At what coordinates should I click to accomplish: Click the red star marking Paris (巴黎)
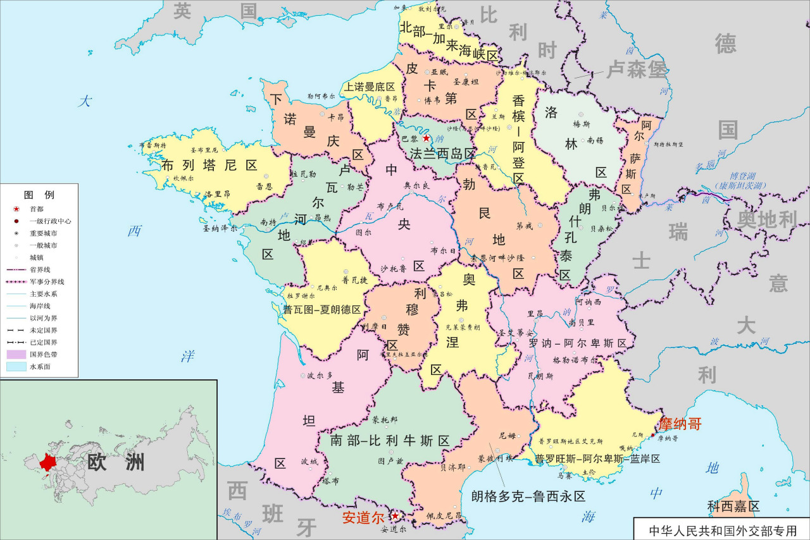click(427, 138)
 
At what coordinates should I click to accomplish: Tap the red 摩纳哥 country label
click(680, 424)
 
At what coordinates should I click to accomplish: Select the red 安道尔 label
click(363, 517)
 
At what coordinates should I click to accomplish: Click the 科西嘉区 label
click(733, 506)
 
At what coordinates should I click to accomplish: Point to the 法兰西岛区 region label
click(442, 154)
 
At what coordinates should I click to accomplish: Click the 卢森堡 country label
click(637, 69)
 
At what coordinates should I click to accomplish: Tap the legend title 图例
click(39, 194)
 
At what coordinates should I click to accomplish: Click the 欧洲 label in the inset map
click(116, 462)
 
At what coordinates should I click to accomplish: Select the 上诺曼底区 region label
click(370, 87)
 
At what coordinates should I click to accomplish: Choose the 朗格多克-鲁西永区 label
click(528, 496)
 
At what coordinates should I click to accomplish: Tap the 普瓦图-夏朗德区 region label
click(321, 310)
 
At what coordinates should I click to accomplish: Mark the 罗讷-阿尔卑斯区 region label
click(577, 343)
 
